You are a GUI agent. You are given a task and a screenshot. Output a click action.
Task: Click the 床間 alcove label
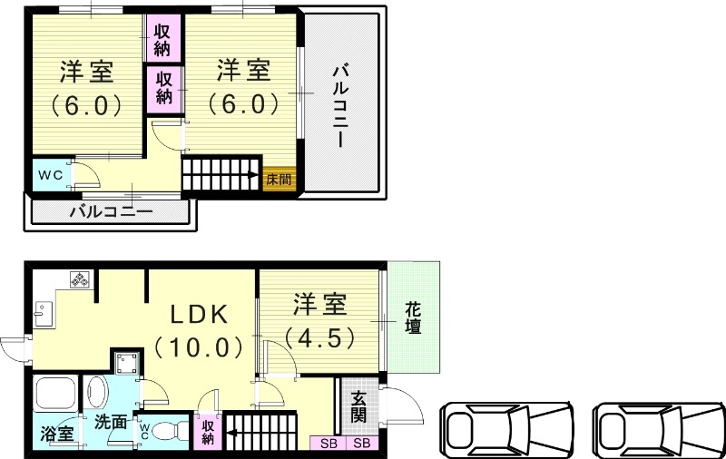[x=279, y=179]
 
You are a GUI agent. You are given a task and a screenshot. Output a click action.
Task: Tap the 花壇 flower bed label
[x=413, y=317]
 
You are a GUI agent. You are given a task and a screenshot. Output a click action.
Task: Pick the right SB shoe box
[x=361, y=444]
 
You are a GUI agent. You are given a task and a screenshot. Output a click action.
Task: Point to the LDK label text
[x=201, y=314]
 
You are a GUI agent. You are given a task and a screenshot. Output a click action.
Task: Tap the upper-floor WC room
[x=51, y=175]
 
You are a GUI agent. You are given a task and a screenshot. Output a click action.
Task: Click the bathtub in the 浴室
[x=56, y=396]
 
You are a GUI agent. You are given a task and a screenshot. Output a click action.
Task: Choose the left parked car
[x=508, y=427]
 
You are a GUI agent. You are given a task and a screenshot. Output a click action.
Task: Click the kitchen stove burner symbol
[x=80, y=280]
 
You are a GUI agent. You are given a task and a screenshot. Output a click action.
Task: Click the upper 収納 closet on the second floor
[x=163, y=37]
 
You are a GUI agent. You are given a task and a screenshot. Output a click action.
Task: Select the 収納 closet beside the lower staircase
[x=208, y=431]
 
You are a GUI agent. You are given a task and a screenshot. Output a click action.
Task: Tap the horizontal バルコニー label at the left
[x=112, y=212]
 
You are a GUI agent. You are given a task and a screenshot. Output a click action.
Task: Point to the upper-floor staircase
[x=221, y=174]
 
